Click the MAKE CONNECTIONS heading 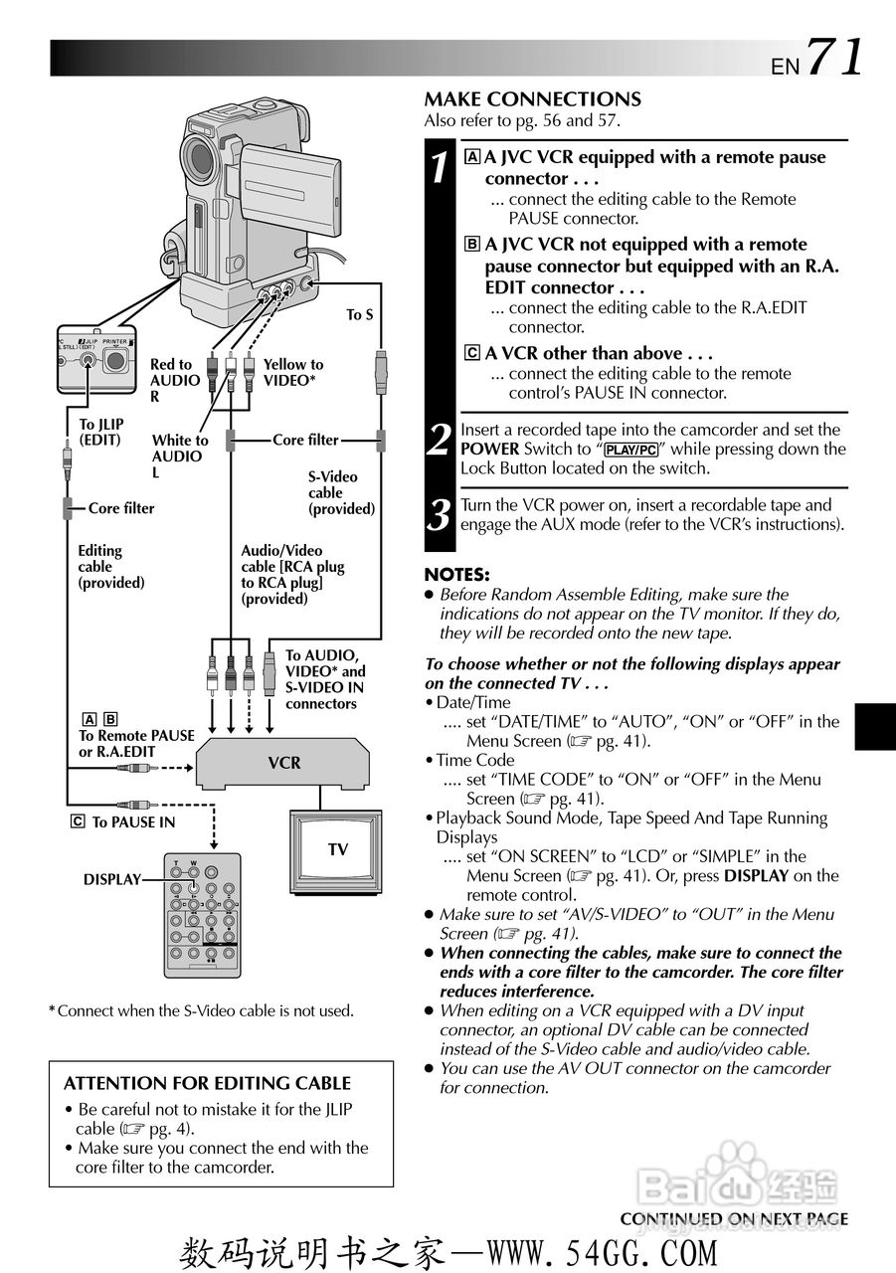coord(532,99)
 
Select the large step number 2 coord(440,439)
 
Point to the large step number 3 coord(440,515)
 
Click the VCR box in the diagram coord(284,763)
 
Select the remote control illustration coord(202,913)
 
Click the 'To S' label coord(360,315)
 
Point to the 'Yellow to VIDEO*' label coord(293,372)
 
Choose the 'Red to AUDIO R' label coord(174,380)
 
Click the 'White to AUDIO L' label coord(180,455)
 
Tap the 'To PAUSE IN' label coord(133,822)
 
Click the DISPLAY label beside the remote coord(111,880)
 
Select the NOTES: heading coord(456,575)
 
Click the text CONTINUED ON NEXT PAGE coord(734,1219)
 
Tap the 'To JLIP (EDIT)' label coord(99,432)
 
